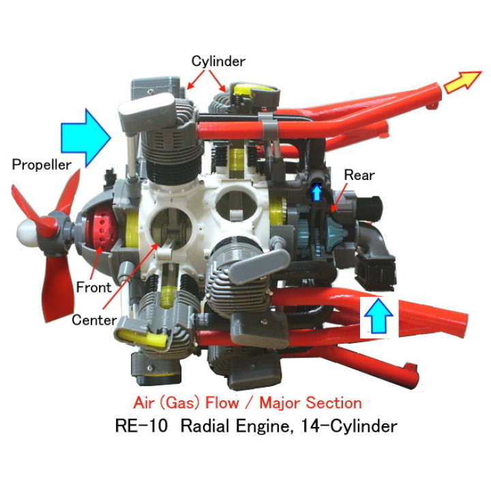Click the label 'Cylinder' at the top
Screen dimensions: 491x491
click(x=218, y=61)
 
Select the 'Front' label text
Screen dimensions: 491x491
click(x=93, y=288)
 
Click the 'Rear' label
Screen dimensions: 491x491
click(x=359, y=175)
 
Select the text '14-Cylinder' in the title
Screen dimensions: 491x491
click(x=357, y=427)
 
